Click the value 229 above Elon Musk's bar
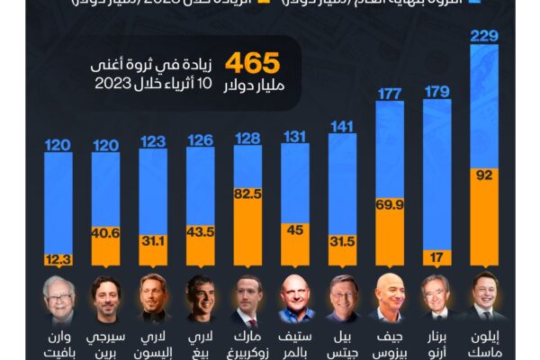tap(484, 35)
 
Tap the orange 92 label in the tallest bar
tap(484, 175)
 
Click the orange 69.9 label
tap(390, 206)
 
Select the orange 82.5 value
tap(248, 193)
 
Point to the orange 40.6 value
tap(106, 232)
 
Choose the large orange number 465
tap(253, 63)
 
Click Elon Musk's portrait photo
tap(485, 295)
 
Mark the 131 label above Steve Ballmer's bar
tap(295, 137)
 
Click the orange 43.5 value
tap(201, 231)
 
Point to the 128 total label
tap(248, 139)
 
